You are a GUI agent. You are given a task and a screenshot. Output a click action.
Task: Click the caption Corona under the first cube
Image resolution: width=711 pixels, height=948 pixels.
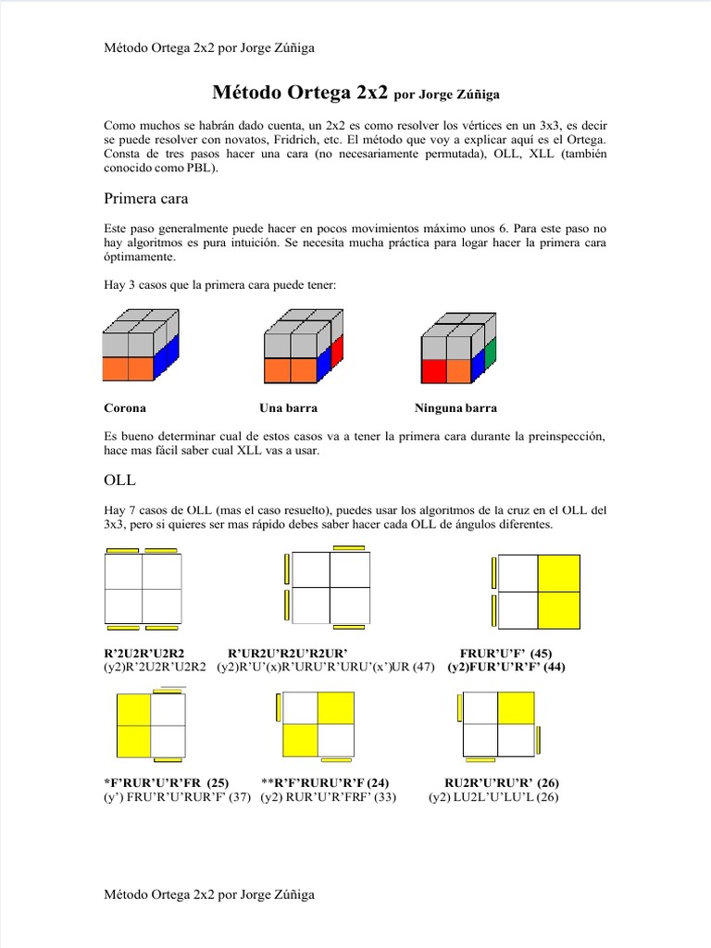pyautogui.click(x=124, y=407)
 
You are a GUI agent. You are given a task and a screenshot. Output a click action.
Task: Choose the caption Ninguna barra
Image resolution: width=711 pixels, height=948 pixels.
pyautogui.click(x=455, y=407)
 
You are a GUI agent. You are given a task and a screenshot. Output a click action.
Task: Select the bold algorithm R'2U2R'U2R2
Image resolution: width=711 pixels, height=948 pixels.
pyautogui.click(x=150, y=653)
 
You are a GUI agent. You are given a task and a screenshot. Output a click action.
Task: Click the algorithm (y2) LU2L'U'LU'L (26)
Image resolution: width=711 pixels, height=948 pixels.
pyautogui.click(x=493, y=797)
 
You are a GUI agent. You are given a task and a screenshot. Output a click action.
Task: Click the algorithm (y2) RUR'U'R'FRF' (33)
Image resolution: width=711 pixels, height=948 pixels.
pyautogui.click(x=328, y=797)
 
